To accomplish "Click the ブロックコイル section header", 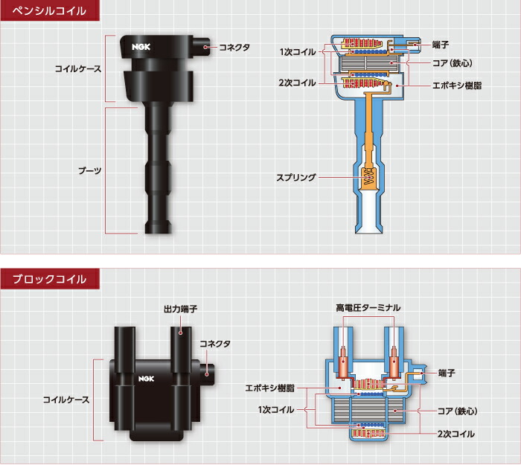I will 48,279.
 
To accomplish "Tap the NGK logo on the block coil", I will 144,379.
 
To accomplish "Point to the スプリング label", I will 296,178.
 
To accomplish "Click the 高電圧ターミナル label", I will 368,307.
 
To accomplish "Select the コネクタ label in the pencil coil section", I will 234,47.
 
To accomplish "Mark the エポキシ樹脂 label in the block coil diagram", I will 269,388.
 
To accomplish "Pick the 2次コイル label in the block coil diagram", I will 456,433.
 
